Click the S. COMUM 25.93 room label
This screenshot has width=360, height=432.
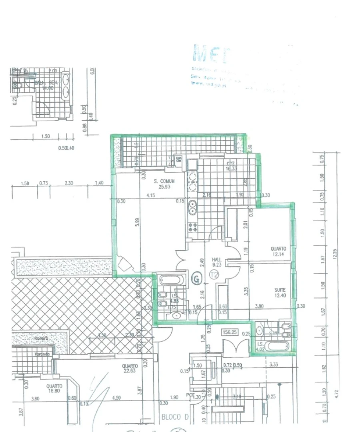coord(164,184)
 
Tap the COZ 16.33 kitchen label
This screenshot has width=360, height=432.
coord(230,166)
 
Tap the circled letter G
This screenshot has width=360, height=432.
coord(196,277)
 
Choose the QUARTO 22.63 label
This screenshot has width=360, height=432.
coord(130,368)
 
